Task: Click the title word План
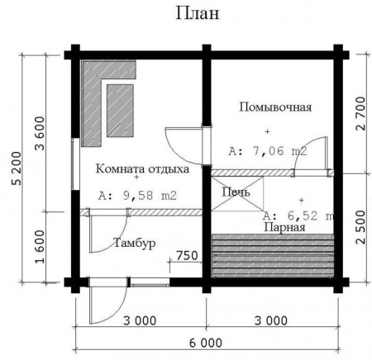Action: tap(198, 13)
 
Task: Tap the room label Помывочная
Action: tap(275, 107)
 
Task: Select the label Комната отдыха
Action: tap(142, 168)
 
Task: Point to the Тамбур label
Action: tap(135, 243)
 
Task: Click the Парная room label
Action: tap(284, 227)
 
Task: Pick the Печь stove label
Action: tap(236, 192)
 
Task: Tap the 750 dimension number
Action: tap(187, 255)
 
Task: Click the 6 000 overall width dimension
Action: tap(206, 343)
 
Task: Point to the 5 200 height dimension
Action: tap(17, 168)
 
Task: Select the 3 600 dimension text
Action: tap(40, 133)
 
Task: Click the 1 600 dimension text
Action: tap(40, 247)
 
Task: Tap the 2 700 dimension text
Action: tap(360, 113)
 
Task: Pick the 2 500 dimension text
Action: tap(360, 227)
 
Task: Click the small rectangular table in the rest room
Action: tap(120, 111)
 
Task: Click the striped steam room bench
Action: tap(273, 256)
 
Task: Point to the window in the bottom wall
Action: tap(150, 282)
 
